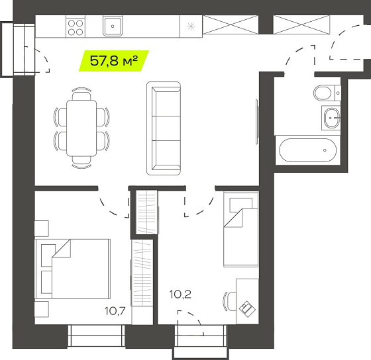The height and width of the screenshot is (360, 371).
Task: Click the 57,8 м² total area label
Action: point(114,61)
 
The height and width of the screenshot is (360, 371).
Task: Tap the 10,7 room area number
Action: point(115,311)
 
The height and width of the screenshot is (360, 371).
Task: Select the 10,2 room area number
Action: point(180,294)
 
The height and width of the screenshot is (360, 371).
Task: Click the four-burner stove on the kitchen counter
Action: point(76,27)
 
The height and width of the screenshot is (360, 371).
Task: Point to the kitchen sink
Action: point(113,26)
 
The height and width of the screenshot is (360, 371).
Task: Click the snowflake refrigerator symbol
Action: point(191,26)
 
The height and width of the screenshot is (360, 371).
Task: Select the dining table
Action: point(81,128)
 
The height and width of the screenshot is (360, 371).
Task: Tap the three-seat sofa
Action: point(164,128)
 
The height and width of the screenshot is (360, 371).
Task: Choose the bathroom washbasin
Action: point(331,118)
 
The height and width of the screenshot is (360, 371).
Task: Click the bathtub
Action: point(307,150)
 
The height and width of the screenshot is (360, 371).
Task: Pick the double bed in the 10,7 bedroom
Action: point(73,269)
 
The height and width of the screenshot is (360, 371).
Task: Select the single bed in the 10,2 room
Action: point(241,229)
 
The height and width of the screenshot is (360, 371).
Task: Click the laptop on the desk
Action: point(248,308)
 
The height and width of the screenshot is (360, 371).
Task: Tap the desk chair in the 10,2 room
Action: point(229,301)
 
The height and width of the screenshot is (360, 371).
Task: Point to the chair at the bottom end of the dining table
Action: point(81,162)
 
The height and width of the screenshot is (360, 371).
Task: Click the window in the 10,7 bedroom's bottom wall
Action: point(96,336)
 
